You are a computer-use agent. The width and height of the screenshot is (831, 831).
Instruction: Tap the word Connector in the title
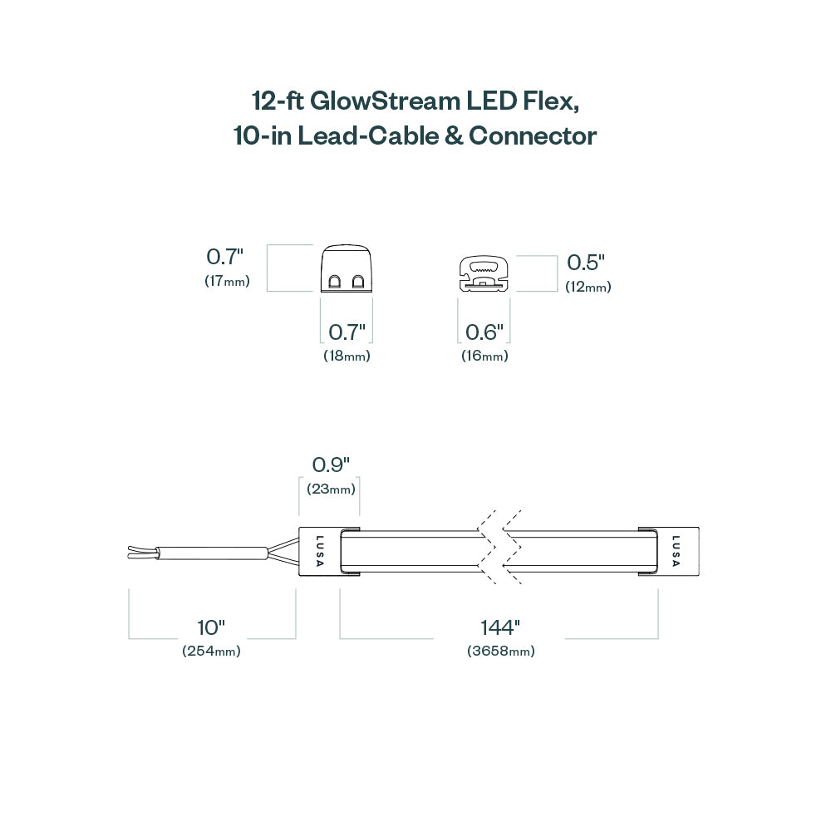533,135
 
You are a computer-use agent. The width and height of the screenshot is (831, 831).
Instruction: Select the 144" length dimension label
499,628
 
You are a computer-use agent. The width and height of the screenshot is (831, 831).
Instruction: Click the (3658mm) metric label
500,652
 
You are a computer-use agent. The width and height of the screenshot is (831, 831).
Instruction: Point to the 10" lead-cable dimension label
211,628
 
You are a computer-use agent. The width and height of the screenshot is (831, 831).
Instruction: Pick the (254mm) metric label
211,652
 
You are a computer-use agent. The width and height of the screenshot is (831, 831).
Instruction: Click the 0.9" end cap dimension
330,465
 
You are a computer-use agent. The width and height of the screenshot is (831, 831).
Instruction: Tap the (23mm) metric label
330,489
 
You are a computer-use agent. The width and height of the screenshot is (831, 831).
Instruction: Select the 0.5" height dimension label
586,263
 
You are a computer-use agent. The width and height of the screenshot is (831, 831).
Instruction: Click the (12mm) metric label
588,288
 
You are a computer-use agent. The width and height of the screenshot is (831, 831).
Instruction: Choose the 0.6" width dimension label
484,333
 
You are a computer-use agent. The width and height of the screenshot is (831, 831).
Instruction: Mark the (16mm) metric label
484,356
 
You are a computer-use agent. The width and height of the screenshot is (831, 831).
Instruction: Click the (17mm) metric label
227,281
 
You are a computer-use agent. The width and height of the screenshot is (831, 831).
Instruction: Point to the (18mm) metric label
347,356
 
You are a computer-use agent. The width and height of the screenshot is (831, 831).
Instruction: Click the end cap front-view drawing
346,269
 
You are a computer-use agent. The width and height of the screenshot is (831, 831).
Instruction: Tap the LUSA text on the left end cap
320,551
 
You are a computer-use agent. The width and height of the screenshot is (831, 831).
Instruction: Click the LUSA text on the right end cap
676,551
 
